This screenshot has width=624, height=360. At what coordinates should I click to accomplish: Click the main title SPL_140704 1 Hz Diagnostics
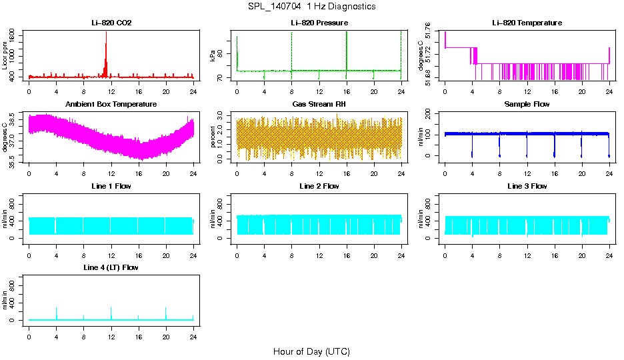[x=311, y=7]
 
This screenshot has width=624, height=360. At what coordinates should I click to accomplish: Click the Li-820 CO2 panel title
[x=111, y=23]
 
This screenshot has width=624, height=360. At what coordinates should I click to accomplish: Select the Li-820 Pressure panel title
[x=319, y=23]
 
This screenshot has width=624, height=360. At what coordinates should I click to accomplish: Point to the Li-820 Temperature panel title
[x=527, y=23]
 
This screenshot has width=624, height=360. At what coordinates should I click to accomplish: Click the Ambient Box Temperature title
[x=111, y=105]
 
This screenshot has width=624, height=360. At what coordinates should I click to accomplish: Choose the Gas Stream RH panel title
[x=319, y=105]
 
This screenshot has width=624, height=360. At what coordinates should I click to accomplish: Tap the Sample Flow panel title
[x=527, y=105]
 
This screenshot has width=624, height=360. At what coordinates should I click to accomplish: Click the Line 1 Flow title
[x=111, y=186]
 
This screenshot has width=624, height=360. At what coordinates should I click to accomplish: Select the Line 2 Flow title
[x=319, y=186]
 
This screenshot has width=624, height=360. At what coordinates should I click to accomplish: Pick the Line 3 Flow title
[x=527, y=186]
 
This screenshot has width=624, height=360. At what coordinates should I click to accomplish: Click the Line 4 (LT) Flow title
[x=111, y=267]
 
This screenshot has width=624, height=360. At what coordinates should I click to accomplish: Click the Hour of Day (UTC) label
[x=311, y=351]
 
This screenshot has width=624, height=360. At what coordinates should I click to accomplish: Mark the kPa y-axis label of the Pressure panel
[x=213, y=57]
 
